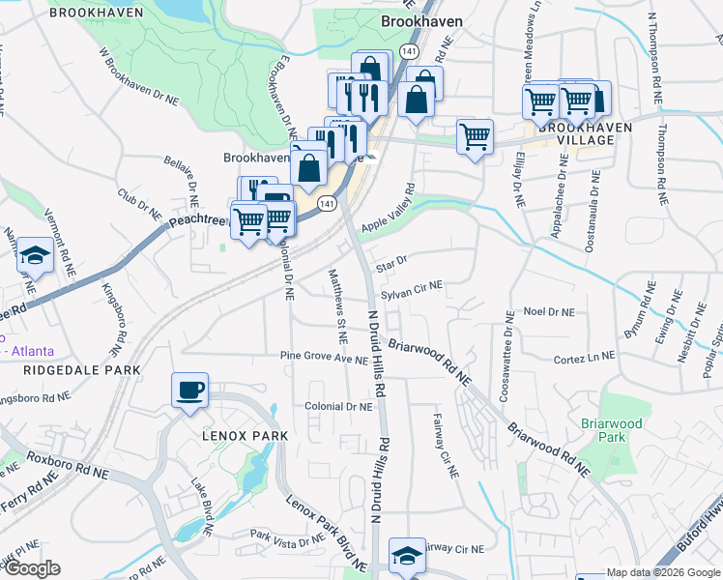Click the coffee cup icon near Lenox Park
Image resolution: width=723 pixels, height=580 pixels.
click(x=189, y=391)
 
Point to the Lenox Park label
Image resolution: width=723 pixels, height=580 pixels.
click(x=245, y=436)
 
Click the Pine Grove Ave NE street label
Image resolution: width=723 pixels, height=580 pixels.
click(x=324, y=358)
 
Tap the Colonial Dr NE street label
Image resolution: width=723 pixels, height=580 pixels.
click(x=338, y=408)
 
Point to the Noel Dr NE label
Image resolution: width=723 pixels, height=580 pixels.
click(x=548, y=312)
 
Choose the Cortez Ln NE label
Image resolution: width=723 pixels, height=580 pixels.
click(x=584, y=358)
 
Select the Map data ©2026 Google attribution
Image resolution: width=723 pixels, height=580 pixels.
click(x=663, y=572)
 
